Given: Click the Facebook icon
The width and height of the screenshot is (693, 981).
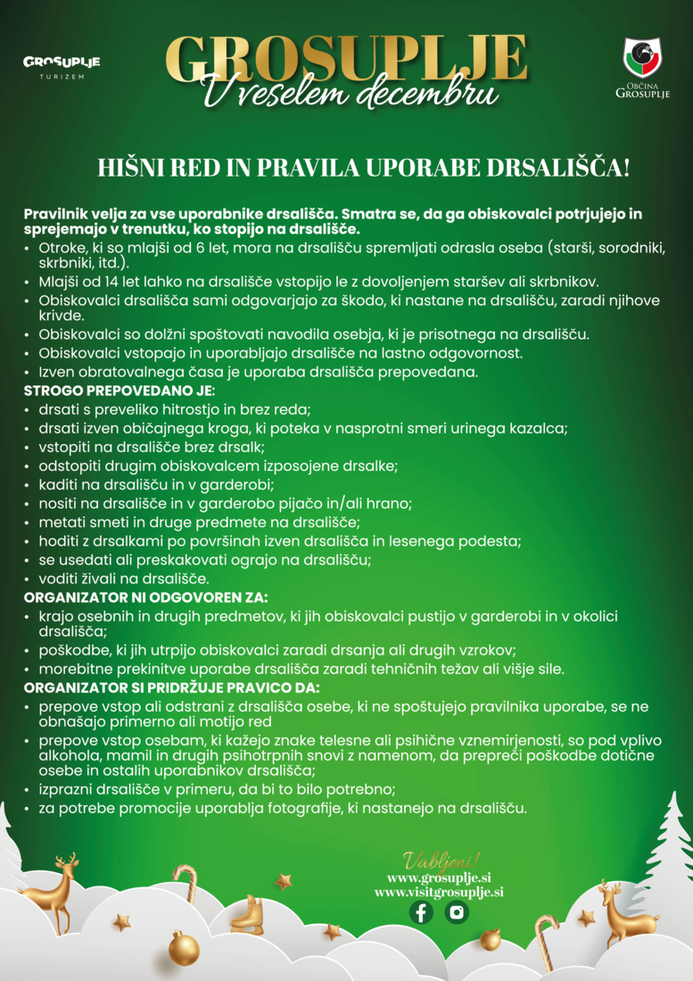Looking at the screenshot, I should point(421,912).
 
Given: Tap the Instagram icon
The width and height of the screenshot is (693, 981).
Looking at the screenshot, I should point(457,912).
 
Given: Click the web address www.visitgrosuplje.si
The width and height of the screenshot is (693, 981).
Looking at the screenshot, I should point(439,892).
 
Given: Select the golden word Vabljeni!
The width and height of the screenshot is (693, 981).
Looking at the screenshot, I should point(442,861).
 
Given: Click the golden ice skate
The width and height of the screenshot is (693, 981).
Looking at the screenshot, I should point(247,914).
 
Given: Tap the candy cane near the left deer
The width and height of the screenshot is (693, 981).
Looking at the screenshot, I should point(186,883).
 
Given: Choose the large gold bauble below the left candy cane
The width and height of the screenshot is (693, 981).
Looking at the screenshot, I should point(184,947).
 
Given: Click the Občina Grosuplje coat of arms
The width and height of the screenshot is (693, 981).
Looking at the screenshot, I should point(641,58).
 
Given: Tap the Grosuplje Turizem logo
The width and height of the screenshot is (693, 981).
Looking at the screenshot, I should point(62,66).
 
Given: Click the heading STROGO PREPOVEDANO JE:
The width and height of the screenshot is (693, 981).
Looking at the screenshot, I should point(120,391).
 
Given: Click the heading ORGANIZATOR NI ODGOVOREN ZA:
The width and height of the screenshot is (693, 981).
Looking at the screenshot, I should point(145,597).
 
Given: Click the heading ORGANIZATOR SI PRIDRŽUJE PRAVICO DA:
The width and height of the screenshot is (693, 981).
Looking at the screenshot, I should point(171,688).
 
